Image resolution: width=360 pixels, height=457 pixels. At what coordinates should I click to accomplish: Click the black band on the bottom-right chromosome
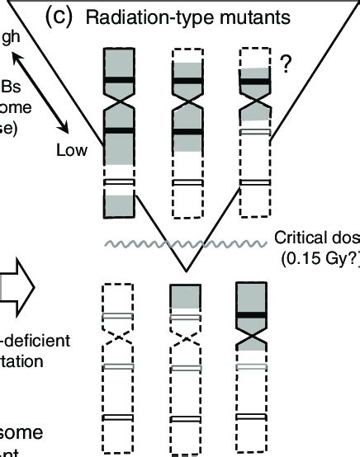(253, 315)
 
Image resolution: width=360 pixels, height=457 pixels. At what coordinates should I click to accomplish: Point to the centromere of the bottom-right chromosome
(253, 338)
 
